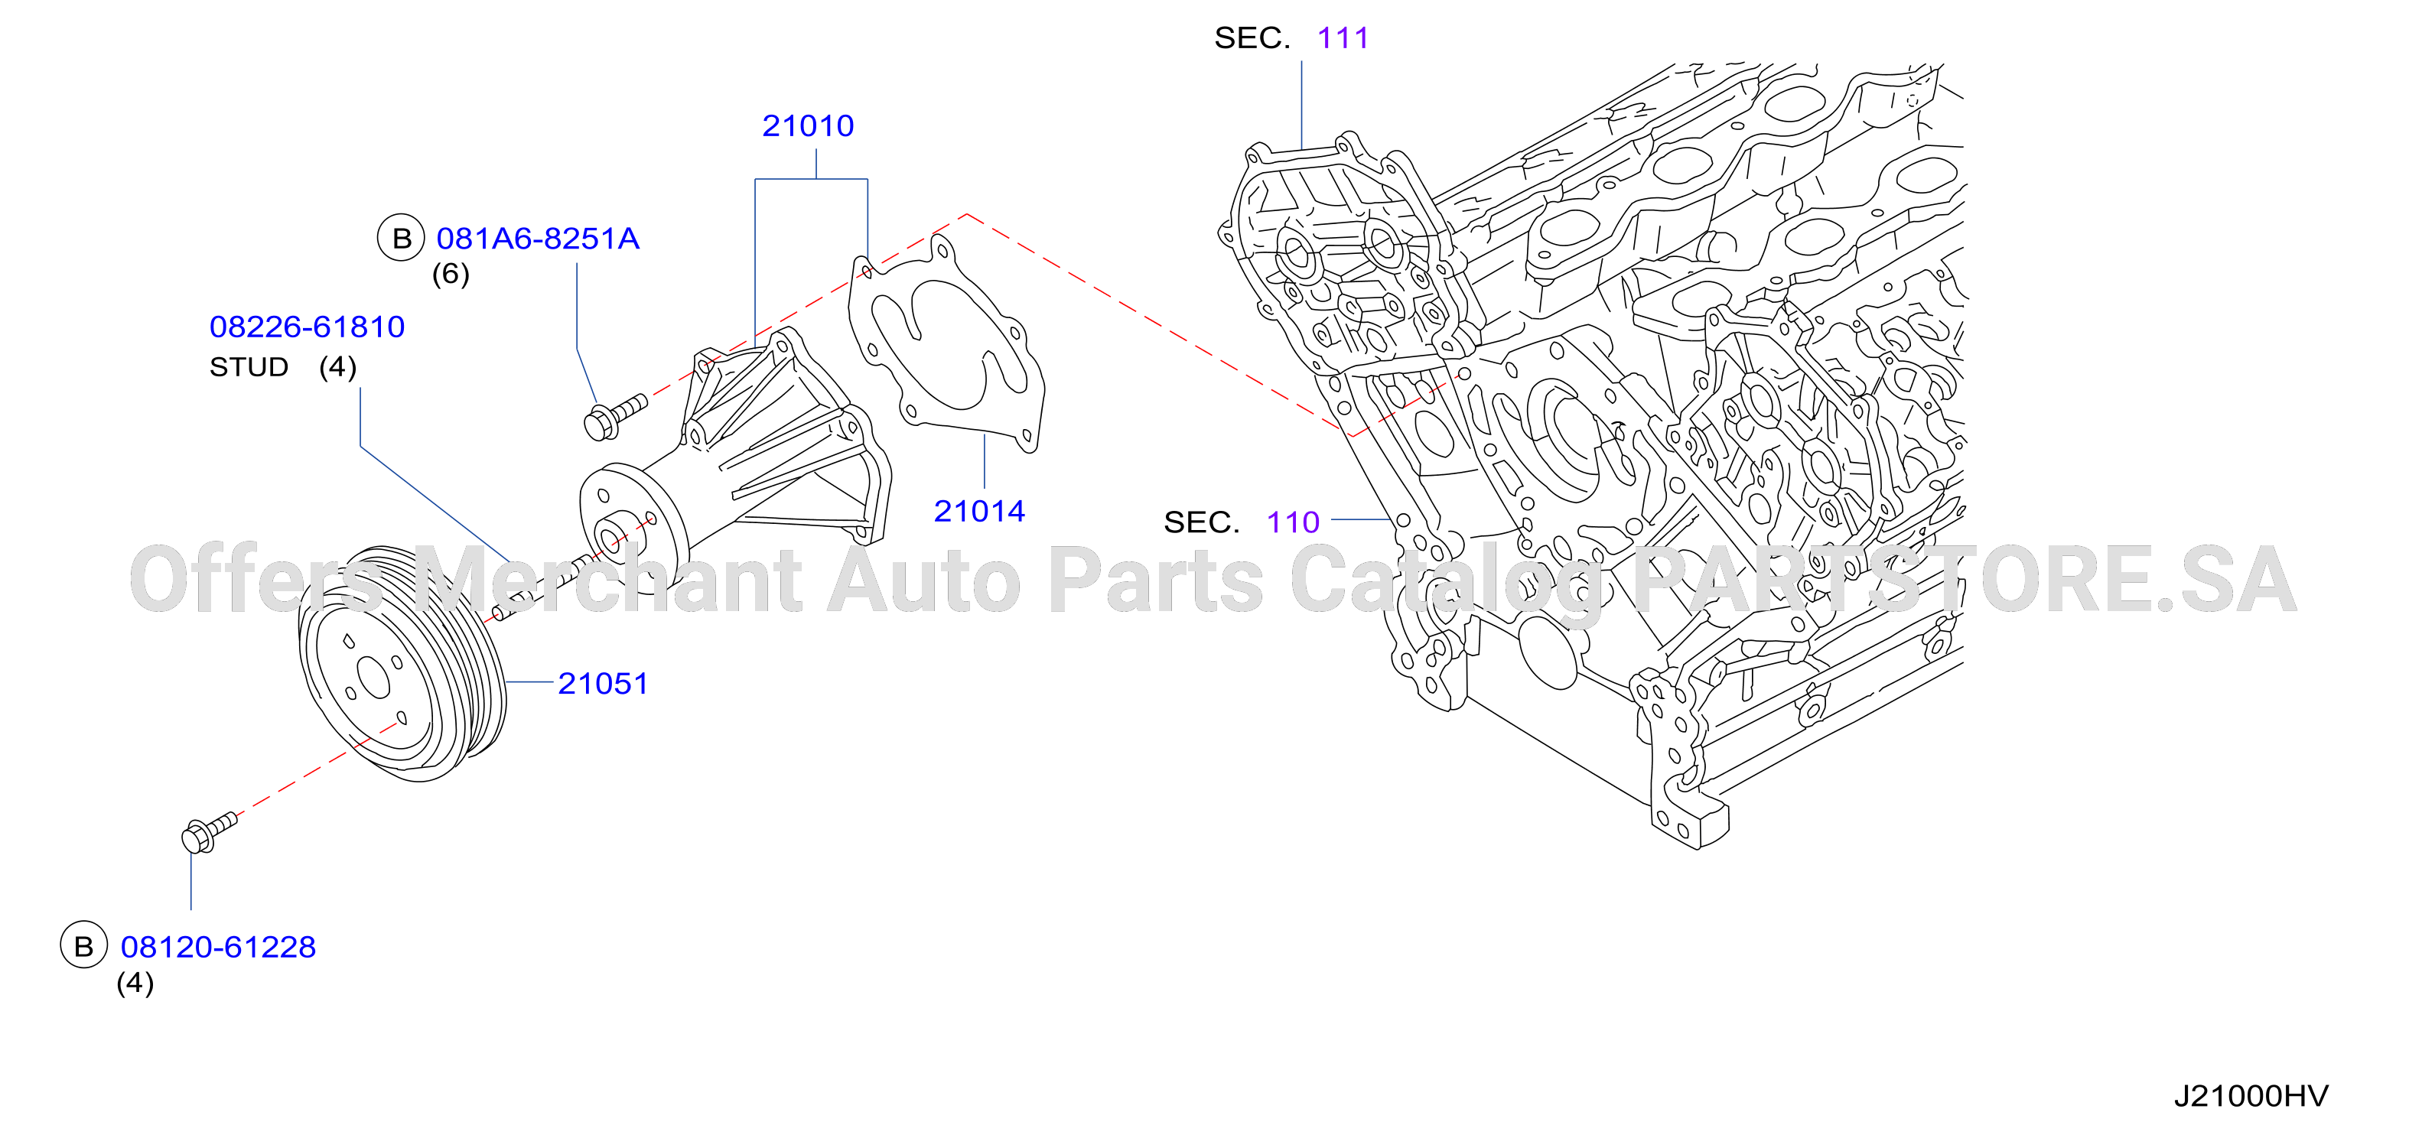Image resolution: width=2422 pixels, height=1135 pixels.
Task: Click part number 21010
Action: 808,126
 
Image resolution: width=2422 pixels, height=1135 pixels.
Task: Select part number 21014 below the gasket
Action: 978,512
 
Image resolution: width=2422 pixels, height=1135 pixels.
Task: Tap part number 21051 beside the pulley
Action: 603,684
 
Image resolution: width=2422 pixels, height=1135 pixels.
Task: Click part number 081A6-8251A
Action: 538,239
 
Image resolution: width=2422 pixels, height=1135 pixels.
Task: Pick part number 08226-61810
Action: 307,327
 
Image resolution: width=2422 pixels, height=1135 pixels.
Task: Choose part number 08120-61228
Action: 218,947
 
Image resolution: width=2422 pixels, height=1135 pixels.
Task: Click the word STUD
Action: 248,367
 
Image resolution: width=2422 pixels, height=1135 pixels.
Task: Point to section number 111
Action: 1343,38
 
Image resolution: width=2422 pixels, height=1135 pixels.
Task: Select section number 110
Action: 1293,523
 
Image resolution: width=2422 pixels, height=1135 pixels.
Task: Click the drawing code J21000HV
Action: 2251,1097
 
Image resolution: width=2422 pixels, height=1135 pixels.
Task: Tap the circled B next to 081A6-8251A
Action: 402,238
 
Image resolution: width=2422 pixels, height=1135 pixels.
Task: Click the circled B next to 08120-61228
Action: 83,945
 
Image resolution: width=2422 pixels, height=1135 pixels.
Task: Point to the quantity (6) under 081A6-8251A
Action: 451,275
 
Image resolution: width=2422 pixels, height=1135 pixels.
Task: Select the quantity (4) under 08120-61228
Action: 135,984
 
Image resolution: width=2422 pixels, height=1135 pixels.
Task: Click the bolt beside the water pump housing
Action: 615,417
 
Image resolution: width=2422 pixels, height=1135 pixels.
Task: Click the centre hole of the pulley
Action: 373,678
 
